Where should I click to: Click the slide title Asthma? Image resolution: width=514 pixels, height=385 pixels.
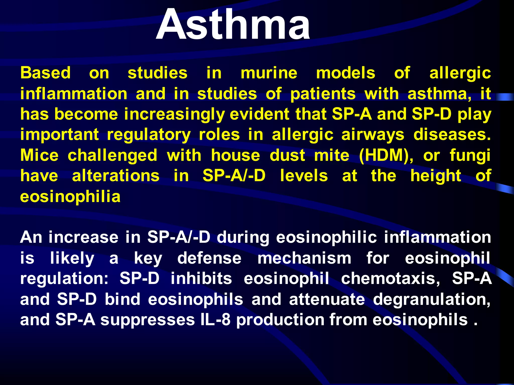[233, 25]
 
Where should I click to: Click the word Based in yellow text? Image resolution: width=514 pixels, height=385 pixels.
[45, 73]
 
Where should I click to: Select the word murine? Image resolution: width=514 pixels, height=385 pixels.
[269, 73]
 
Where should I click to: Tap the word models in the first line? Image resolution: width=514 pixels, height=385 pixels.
[346, 73]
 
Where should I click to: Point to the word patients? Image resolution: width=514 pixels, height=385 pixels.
[323, 94]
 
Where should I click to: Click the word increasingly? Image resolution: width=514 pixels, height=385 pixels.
[174, 115]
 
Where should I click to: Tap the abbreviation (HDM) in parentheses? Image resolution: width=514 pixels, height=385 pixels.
[386, 156]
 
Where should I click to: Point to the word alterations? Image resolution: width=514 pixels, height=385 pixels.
[116, 176]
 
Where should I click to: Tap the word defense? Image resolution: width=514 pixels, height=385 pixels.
[209, 258]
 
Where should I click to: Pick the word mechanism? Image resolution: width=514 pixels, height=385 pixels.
[304, 258]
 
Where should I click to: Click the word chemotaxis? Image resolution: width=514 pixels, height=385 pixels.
[390, 278]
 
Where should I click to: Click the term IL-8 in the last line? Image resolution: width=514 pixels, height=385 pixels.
[215, 320]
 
